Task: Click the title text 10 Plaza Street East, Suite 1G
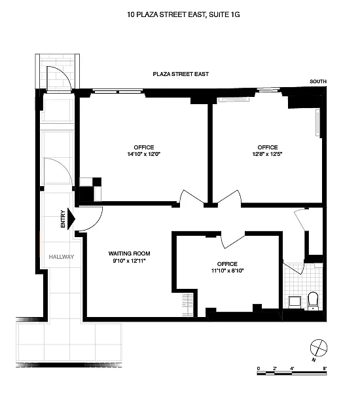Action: (183, 14)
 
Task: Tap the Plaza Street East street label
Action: (181, 74)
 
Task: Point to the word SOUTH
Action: (318, 81)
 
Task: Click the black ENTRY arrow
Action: (71, 219)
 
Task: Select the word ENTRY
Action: (63, 219)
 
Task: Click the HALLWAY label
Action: (62, 257)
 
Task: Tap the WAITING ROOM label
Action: (129, 253)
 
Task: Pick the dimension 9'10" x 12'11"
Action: (129, 261)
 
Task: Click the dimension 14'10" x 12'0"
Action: (144, 154)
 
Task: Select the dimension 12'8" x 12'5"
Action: (267, 154)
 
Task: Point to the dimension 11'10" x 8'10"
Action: (227, 271)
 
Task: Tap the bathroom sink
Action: (295, 302)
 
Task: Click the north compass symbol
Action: (319, 348)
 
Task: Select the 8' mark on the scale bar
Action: (325, 368)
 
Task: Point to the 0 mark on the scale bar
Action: (259, 368)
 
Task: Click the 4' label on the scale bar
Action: (292, 368)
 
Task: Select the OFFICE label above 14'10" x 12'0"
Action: (144, 147)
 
